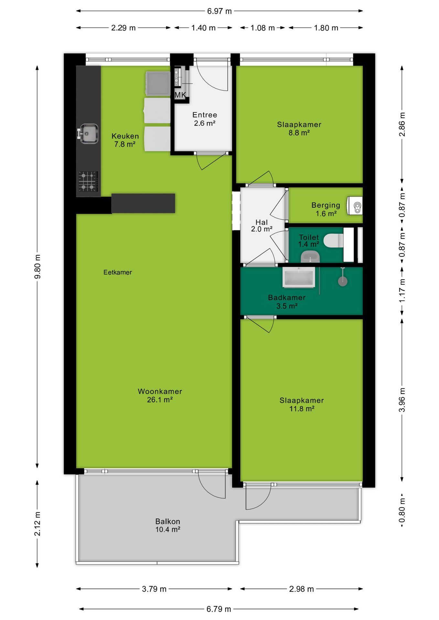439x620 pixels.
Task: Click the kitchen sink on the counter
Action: [88, 133]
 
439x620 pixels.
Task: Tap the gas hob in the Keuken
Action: [88, 181]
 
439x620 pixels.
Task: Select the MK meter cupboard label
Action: [180, 95]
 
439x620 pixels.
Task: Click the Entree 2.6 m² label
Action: [205, 119]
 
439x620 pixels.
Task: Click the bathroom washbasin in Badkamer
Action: [299, 277]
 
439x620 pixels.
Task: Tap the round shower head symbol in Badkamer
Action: [343, 281]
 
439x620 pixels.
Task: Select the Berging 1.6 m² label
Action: [326, 209]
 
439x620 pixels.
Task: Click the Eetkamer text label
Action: [118, 272]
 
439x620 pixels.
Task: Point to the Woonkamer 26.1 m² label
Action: [160, 396]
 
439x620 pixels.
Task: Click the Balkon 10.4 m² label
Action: [168, 525]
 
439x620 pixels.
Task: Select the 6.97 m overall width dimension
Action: [219, 11]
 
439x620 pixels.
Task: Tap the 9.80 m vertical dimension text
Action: [37, 266]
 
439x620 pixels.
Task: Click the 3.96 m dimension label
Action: [402, 400]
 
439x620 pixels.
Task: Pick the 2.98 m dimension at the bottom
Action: [301, 589]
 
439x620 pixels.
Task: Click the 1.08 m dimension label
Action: [262, 28]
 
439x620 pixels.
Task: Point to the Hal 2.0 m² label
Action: [262, 226]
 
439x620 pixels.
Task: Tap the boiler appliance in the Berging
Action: [355, 206]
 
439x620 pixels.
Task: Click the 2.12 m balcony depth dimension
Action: [37, 524]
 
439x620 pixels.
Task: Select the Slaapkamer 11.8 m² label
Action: [302, 405]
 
